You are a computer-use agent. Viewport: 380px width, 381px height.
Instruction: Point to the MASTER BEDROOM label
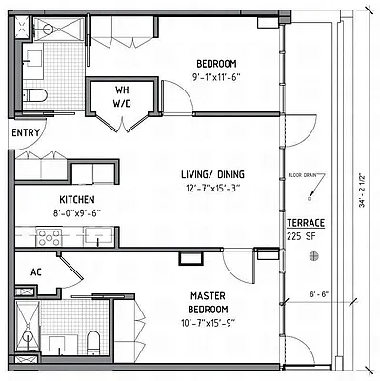[207, 304]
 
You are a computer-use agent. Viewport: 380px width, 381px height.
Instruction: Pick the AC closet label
[36, 272]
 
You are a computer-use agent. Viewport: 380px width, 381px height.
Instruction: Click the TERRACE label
[305, 224]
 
